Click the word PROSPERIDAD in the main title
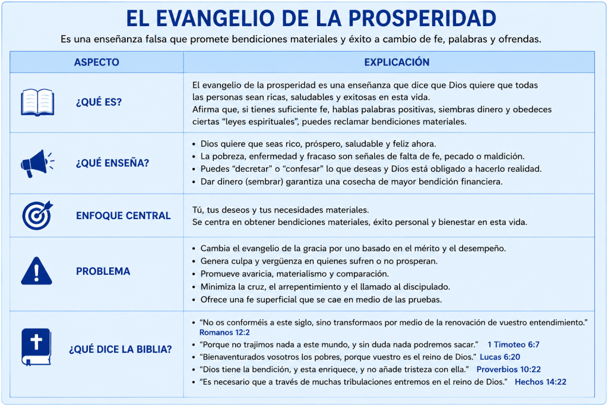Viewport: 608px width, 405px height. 422,18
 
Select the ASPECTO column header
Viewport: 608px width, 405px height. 97,62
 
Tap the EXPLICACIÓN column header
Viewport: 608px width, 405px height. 397,62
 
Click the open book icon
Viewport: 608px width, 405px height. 37,102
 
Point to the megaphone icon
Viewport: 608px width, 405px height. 37,163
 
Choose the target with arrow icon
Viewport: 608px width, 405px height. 37,216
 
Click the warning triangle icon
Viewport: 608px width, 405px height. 36,271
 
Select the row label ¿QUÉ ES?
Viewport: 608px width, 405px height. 99,102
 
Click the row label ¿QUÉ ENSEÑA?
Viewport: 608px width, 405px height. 112,163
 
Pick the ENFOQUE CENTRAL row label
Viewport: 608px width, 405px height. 123,216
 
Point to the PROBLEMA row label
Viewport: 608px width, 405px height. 103,271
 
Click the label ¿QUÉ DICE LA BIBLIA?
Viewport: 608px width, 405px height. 120,349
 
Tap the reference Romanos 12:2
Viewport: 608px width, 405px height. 224,333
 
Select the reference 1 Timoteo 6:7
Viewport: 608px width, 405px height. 514,344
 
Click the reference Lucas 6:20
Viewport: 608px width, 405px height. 500,357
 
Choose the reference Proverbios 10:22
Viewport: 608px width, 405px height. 508,369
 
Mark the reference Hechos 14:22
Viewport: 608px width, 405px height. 540,382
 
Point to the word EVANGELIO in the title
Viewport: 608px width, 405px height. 215,18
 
